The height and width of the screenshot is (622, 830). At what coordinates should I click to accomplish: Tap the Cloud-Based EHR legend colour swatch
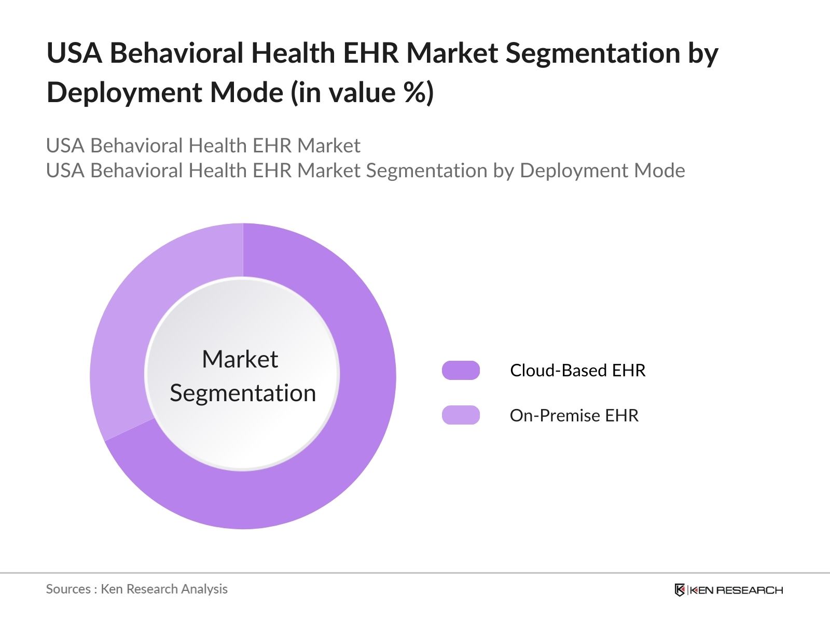461,371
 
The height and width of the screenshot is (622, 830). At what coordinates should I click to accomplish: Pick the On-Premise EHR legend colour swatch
461,415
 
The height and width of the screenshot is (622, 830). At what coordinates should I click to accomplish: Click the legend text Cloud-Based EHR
577,371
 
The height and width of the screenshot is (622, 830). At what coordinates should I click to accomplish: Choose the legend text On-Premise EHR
574,415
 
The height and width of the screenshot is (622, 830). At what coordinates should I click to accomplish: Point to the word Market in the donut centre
240,359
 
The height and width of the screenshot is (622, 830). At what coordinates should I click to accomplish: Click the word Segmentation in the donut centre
243,393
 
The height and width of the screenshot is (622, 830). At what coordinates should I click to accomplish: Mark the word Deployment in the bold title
124,93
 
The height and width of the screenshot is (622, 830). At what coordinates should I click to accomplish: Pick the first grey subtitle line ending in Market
203,146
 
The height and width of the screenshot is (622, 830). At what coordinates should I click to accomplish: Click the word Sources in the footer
68,589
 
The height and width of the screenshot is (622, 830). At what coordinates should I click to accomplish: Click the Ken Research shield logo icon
680,590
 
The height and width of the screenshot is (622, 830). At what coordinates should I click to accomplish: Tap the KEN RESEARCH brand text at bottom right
736,590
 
